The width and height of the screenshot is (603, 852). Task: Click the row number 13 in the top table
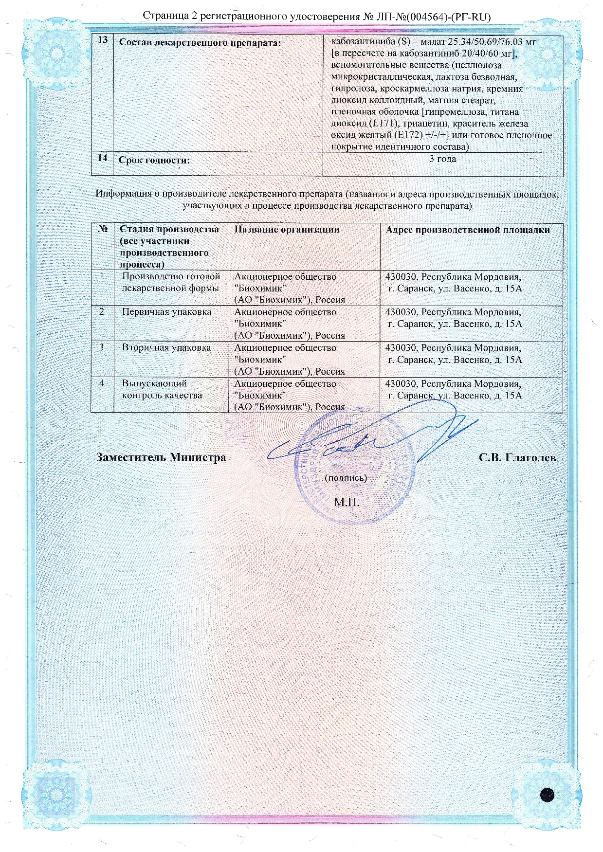pos(103,40)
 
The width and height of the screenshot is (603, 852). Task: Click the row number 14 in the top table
pos(102,158)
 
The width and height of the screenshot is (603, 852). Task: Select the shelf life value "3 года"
pos(442,159)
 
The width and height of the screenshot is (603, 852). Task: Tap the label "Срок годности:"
pos(154,160)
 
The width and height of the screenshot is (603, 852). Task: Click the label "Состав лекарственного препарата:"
pos(200,43)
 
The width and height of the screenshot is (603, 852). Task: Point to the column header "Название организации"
pos(287,229)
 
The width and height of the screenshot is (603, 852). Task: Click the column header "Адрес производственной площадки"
pos(468,230)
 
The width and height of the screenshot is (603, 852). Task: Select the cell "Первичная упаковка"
pos(166,312)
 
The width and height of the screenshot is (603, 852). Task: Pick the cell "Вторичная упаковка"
pos(166,347)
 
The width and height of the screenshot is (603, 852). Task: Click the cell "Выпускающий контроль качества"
pos(162,389)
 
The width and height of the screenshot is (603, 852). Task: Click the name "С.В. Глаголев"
pos(517,457)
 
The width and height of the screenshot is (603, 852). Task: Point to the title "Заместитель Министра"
pos(161,457)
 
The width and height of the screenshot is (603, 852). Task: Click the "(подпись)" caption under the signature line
pos(346,477)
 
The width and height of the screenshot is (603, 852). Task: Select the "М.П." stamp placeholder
pos(347,502)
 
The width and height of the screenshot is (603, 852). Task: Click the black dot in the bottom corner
pos(548,794)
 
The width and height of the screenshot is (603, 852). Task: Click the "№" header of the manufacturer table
pos(103,229)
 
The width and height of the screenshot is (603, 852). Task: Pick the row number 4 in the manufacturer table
pos(102,383)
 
